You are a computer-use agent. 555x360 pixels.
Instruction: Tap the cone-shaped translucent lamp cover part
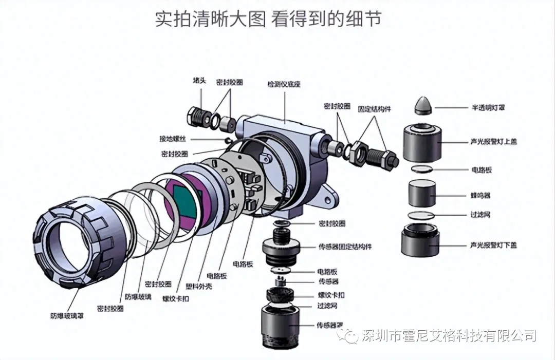[x=423, y=105]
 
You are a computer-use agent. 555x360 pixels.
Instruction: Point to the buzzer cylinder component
[x=422, y=194]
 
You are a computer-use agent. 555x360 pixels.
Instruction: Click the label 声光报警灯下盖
[x=493, y=245]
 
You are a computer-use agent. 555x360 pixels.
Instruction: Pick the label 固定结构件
[x=374, y=109]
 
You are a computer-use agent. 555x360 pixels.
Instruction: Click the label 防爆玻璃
[x=138, y=297]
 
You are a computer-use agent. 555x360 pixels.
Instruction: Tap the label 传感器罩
[x=330, y=325]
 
